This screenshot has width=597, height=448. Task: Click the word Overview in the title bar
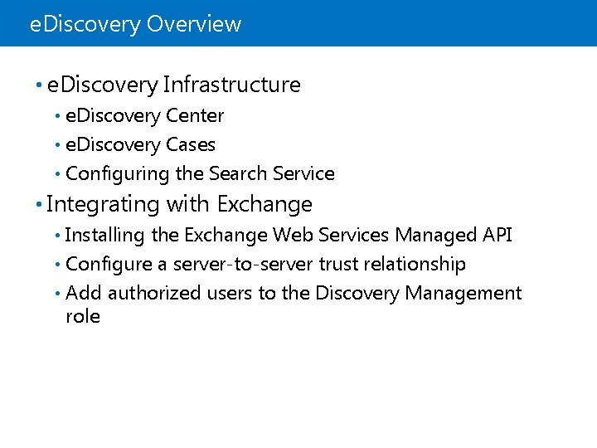[194, 24]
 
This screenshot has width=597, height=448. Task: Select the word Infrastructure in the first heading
[232, 85]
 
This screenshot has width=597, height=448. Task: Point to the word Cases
[190, 145]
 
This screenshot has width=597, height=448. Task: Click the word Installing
[105, 236]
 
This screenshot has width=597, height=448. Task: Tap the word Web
[293, 236]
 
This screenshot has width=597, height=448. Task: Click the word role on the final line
[82, 316]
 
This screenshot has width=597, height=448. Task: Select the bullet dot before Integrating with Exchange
[39, 205]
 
